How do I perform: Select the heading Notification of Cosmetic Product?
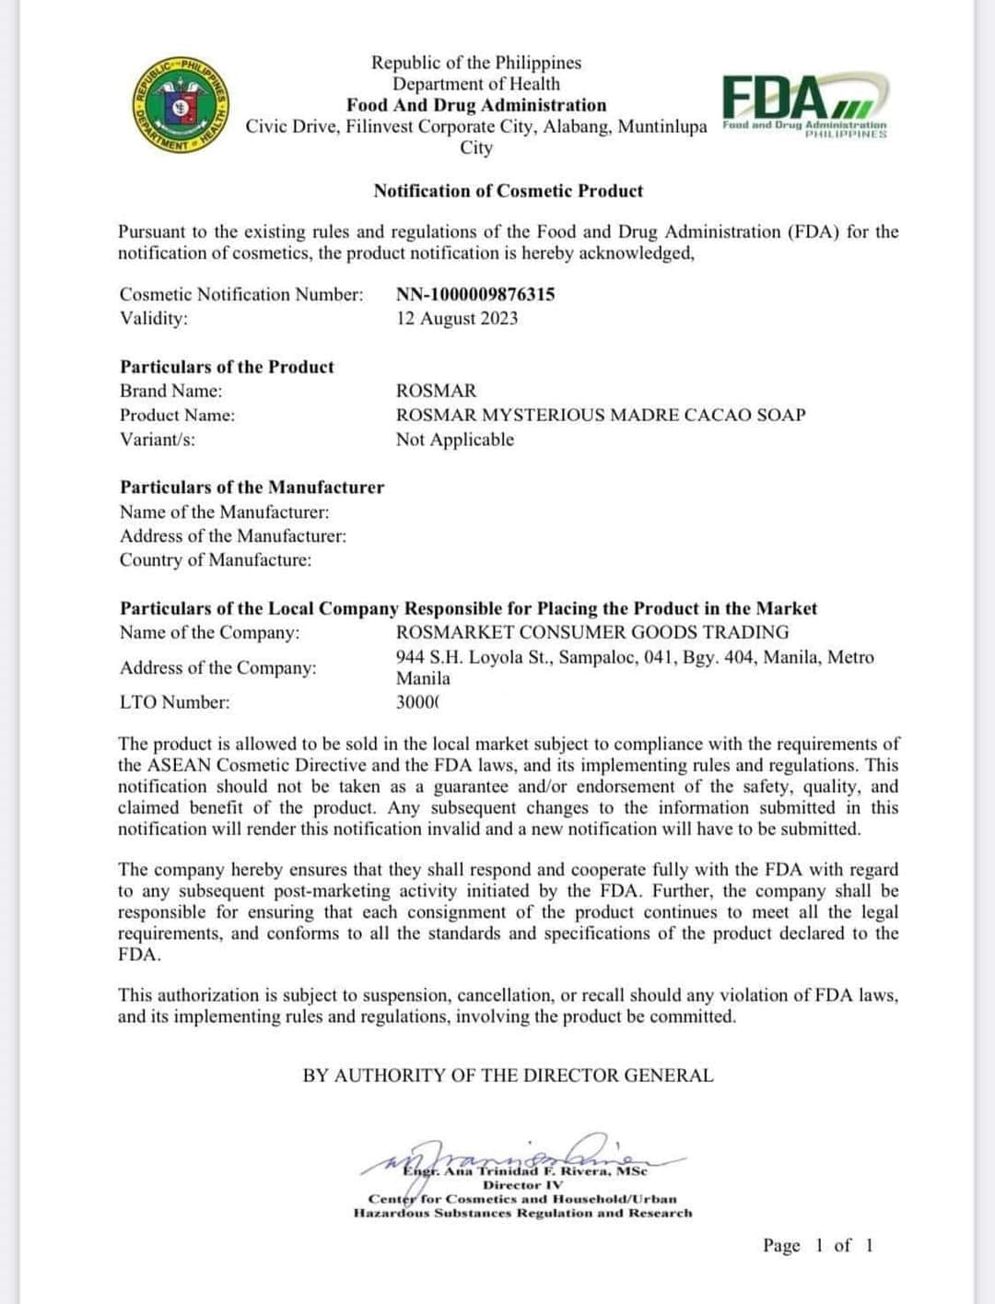[508, 191]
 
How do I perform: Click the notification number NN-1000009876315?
[475, 294]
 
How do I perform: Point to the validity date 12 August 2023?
[457, 318]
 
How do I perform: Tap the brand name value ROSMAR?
[436, 391]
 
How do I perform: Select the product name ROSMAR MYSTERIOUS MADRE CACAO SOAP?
[601, 415]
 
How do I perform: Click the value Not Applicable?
[455, 440]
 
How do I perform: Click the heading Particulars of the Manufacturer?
[252, 488]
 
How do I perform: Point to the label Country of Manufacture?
[216, 560]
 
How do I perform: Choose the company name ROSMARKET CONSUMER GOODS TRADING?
[592, 632]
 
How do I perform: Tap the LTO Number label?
[175, 702]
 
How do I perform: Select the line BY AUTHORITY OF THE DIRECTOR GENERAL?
[508, 1075]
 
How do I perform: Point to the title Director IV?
[522, 1185]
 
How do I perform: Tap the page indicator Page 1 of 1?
[817, 1246]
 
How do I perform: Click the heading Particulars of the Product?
[227, 367]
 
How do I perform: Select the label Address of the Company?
[217, 668]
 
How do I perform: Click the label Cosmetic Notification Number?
[241, 294]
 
